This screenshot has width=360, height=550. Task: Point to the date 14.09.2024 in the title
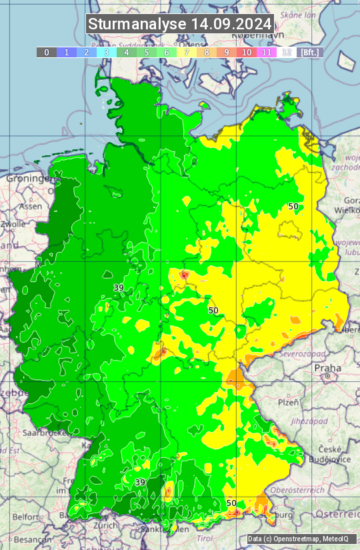[231, 24]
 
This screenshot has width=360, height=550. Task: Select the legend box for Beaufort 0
[47, 52]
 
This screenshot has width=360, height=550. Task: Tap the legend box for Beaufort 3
[107, 52]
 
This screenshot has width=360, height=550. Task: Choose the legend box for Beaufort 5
[147, 52]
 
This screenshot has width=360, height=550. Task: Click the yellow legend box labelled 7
[187, 52]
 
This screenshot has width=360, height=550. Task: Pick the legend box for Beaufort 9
[227, 52]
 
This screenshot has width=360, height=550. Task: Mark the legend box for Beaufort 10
[247, 52]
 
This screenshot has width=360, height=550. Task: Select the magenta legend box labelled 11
[267, 52]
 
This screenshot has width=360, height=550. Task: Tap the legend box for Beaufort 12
[287, 52]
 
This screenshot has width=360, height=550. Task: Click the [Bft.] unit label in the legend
[309, 52]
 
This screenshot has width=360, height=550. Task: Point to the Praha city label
[327, 367]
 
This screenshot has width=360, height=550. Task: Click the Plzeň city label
[288, 403]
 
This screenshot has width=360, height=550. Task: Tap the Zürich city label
[105, 525]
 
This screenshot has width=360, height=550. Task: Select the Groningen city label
[29, 179]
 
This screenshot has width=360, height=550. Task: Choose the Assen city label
[30, 207]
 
